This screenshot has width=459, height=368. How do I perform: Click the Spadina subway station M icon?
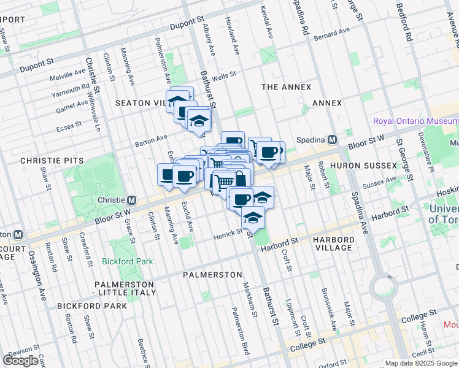coord(332,139)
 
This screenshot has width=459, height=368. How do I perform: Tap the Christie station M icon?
coord(131,200)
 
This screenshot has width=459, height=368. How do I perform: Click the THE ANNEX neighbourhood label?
coord(286,87)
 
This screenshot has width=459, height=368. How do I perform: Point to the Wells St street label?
coord(224,74)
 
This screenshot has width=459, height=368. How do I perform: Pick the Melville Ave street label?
coord(68,73)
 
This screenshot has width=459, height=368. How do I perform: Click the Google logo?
coord(20,361)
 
